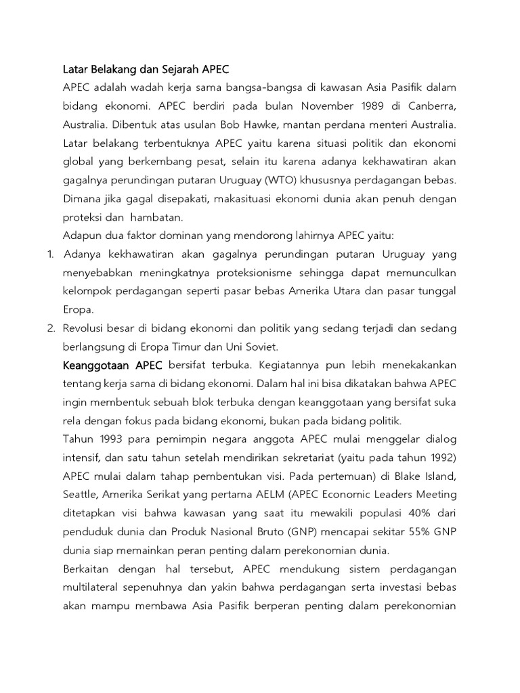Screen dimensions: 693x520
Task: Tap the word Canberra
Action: (x=432, y=107)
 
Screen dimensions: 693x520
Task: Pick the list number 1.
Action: (x=49, y=254)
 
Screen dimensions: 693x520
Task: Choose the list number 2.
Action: (x=50, y=328)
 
